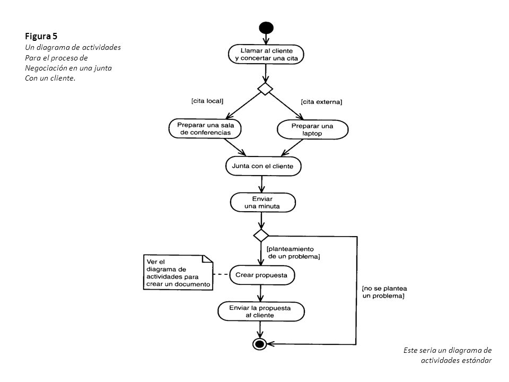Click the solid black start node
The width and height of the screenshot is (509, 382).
(x=266, y=28)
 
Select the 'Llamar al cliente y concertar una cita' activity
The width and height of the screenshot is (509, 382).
(x=266, y=54)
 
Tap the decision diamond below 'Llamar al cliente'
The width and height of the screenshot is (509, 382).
(x=265, y=89)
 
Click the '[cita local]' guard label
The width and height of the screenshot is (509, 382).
(x=207, y=101)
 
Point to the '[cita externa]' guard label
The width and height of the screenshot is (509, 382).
(x=321, y=102)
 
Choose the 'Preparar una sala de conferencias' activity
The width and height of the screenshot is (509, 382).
(x=205, y=128)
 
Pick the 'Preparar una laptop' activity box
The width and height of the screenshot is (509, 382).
(x=313, y=129)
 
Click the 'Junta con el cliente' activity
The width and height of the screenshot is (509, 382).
(x=264, y=166)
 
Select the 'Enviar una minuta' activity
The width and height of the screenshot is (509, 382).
(x=262, y=202)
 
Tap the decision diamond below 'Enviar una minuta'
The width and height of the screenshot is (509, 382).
(x=261, y=235)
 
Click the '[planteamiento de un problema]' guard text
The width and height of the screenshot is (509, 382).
(x=293, y=253)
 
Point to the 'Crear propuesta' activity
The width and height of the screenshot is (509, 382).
(x=262, y=275)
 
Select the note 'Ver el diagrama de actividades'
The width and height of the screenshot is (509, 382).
(x=178, y=272)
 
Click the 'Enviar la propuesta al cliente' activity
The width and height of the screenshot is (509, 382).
(x=261, y=311)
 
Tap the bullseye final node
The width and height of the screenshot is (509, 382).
(x=260, y=344)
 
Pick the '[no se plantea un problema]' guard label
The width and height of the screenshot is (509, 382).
(x=384, y=292)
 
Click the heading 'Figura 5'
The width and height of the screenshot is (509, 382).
(x=41, y=36)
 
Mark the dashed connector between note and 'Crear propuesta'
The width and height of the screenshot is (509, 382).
(x=221, y=274)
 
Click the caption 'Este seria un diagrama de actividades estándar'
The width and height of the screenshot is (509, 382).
(x=447, y=355)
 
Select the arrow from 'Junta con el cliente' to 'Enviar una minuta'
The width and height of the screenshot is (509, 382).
(x=261, y=184)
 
